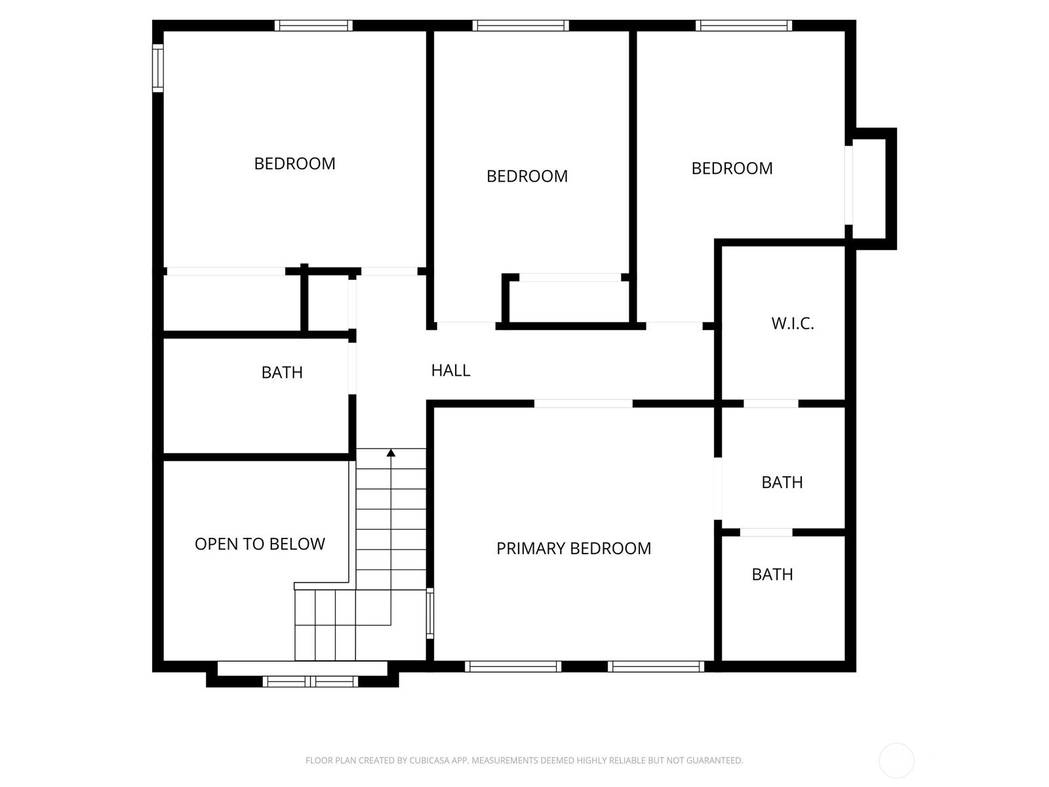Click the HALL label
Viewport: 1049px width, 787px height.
click(450, 371)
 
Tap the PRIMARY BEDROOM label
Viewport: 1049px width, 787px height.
click(574, 548)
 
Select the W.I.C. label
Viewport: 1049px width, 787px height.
click(793, 323)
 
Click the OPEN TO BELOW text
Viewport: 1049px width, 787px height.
click(260, 544)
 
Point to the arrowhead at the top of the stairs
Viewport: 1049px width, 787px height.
click(391, 453)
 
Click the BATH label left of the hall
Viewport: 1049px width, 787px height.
click(282, 373)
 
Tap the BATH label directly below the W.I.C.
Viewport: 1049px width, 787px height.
click(782, 482)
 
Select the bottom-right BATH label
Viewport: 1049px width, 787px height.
click(772, 574)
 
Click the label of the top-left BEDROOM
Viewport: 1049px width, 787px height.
click(294, 163)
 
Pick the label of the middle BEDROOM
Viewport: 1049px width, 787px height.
click(527, 176)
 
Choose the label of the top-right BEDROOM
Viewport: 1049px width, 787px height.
click(732, 168)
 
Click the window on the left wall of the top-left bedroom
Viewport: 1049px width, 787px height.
click(158, 68)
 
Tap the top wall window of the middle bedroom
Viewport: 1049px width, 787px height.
click(521, 26)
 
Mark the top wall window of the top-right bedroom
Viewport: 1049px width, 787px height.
click(743, 26)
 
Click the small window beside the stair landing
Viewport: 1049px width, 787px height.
click(430, 613)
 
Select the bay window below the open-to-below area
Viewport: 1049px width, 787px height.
click(310, 681)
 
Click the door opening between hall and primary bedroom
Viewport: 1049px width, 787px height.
click(583, 404)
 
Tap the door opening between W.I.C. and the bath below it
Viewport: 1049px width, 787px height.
click(771, 404)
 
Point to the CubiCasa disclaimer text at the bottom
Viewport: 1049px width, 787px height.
click(524, 760)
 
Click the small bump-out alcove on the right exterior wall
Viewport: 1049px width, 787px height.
click(873, 189)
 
